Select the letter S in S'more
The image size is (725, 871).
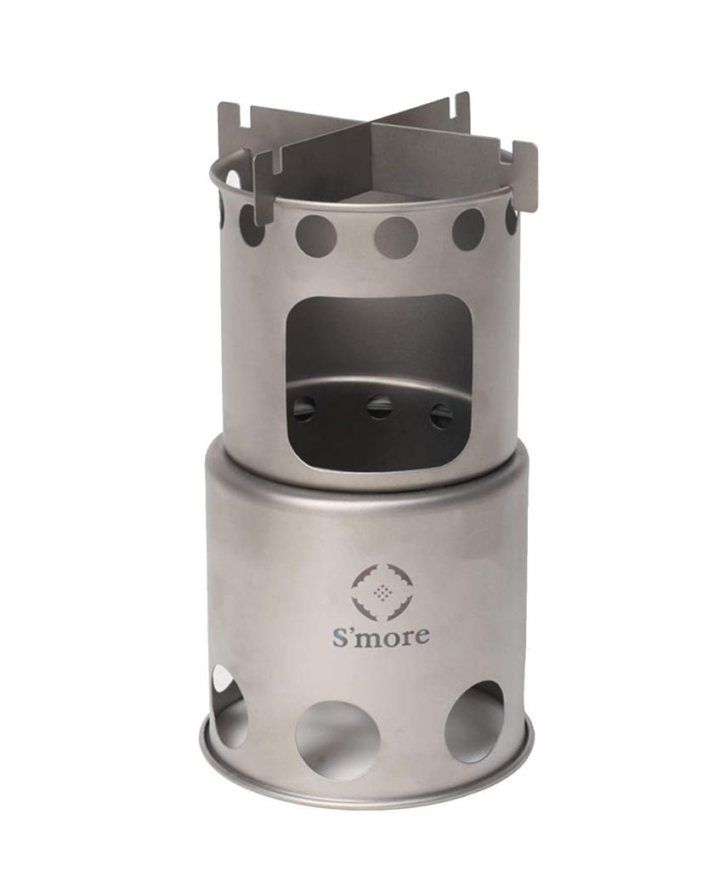(339, 635)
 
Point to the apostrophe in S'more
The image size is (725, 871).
(352, 629)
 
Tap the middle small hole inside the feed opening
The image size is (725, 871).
(379, 407)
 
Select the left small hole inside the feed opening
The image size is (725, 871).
(304, 408)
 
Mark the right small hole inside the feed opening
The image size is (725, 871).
(441, 416)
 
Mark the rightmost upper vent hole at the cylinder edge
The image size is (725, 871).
(511, 218)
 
